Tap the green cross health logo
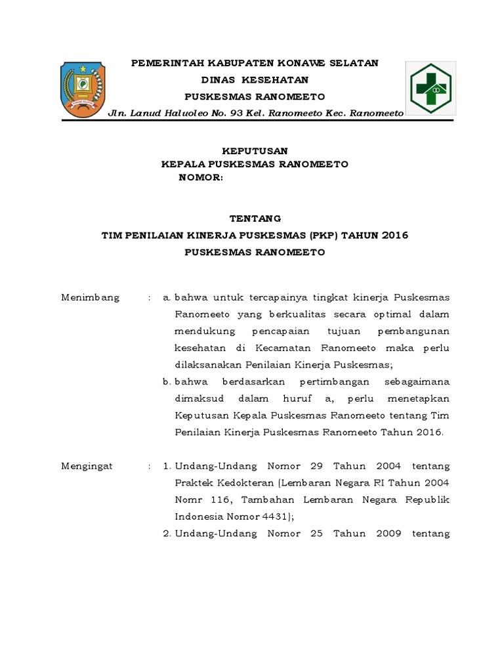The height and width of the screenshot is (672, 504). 430,89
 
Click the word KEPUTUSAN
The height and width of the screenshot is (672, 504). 255,151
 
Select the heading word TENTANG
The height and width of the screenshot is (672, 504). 255,219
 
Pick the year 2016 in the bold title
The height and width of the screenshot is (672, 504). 394,235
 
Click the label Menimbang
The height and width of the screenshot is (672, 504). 90,297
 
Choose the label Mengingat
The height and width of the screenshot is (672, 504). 87,466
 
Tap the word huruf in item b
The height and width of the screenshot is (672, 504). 290,398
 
